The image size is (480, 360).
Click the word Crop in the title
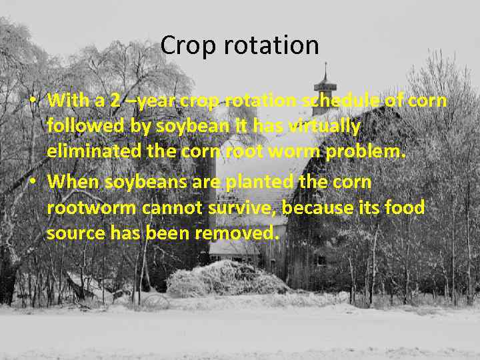point(183,46)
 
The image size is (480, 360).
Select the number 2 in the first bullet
point(116,101)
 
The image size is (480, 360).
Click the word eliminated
point(94,151)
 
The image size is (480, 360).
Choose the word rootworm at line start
point(91,207)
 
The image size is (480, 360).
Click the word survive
point(242,207)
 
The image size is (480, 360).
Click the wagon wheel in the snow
point(155,301)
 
